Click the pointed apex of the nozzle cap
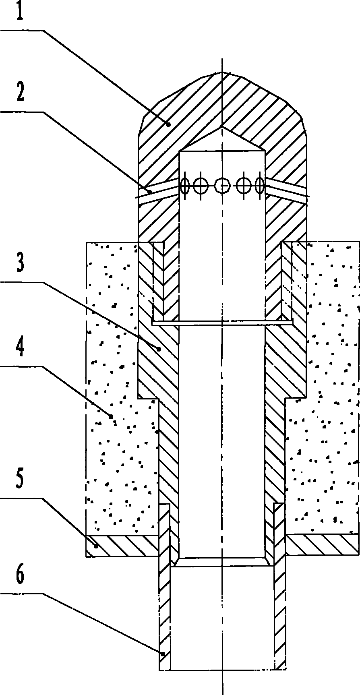(222, 72)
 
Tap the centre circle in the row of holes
(222, 186)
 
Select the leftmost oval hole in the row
(185, 186)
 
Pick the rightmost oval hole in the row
(260, 186)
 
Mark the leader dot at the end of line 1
(170, 124)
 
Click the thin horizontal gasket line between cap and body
(222, 323)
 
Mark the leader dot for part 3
(160, 350)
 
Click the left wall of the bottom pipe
(165, 604)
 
